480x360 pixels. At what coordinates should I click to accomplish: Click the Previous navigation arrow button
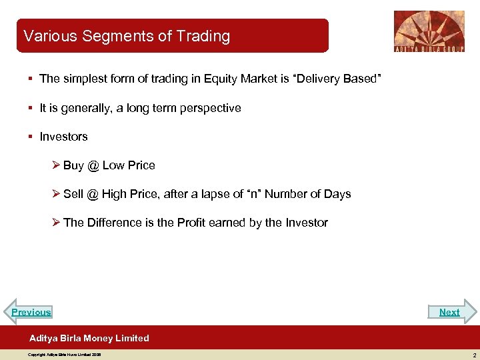(x=30, y=312)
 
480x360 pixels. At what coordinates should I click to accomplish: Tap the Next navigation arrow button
(x=451, y=312)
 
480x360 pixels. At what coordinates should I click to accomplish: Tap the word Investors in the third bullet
(x=63, y=137)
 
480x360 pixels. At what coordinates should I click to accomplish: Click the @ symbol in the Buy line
(x=93, y=165)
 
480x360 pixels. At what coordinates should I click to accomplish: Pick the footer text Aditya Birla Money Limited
(x=89, y=338)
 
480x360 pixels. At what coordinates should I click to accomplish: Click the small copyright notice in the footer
(x=64, y=355)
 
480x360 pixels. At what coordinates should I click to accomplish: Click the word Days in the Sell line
(x=337, y=194)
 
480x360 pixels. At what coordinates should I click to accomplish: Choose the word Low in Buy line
(x=114, y=165)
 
